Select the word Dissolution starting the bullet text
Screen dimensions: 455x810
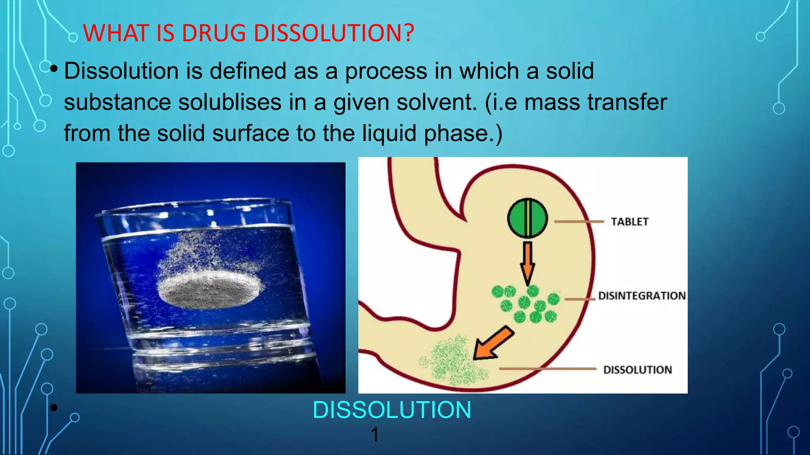point(121,71)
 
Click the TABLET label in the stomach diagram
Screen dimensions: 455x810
point(629,222)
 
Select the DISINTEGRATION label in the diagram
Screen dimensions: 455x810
point(642,296)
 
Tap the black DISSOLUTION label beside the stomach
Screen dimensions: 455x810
point(637,370)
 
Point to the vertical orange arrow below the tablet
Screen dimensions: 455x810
point(527,263)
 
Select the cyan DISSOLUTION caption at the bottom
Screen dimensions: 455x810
point(392,410)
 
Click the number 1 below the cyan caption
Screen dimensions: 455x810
point(375,434)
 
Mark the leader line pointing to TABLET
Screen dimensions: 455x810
point(579,222)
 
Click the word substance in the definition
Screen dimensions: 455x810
point(117,102)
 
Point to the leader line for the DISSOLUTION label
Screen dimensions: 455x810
point(548,369)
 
